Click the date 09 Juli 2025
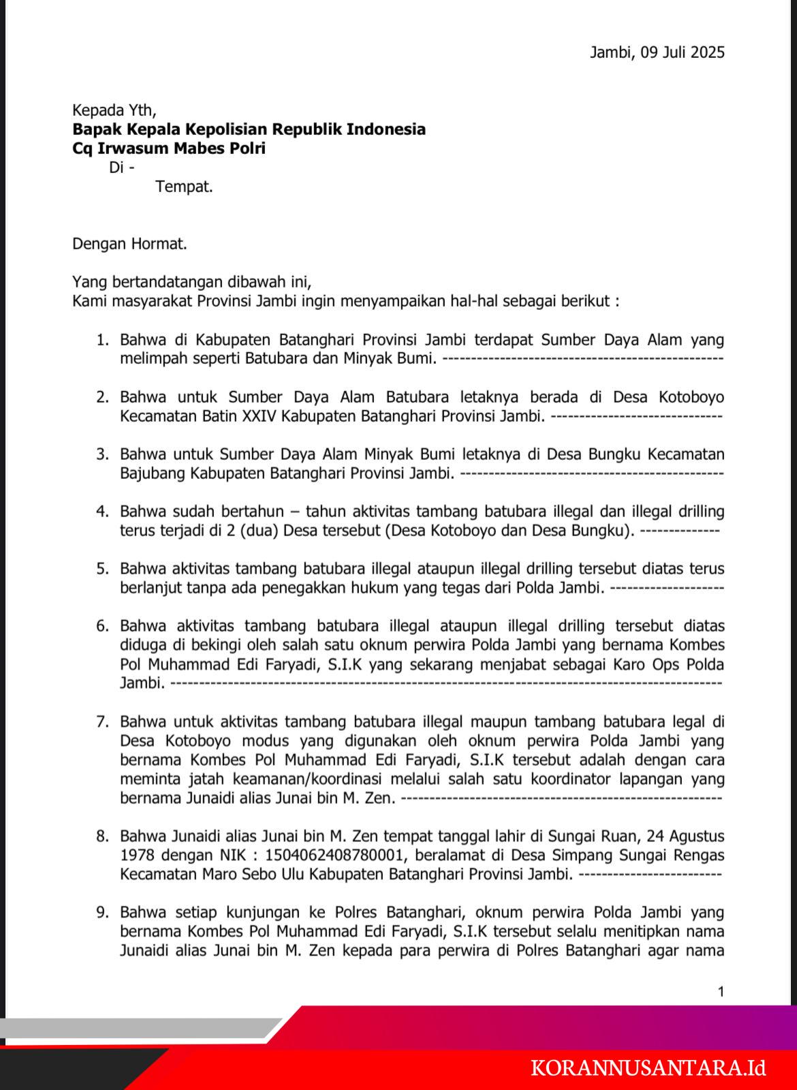click(681, 52)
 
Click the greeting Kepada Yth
click(114, 110)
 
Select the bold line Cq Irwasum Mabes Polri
click(169, 148)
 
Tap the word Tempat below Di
click(184, 187)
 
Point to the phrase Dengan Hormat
click(129, 244)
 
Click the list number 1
click(102, 339)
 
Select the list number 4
click(102, 511)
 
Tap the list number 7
click(102, 721)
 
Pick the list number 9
click(102, 912)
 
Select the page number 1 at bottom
click(721, 992)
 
